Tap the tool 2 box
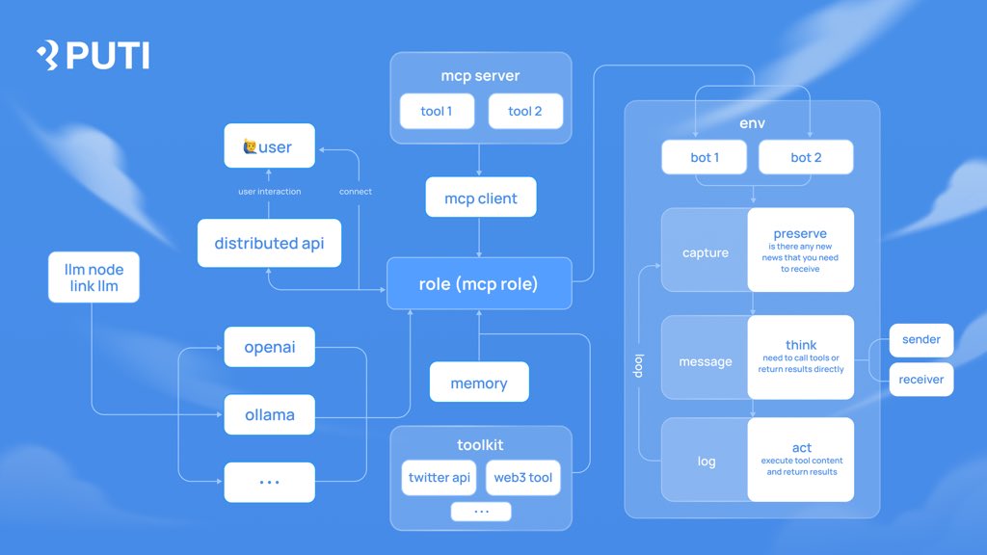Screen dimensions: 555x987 [524, 111]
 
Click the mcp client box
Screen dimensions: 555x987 [480, 198]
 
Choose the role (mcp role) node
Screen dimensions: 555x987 [479, 283]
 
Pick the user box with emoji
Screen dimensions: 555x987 [269, 147]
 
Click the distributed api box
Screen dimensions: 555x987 [269, 243]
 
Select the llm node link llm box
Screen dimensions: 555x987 [94, 277]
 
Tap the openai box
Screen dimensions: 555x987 [269, 347]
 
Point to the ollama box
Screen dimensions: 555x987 [269, 415]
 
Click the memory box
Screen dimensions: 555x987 [479, 383]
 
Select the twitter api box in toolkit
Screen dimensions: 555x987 [440, 477]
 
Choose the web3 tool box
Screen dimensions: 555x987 [523, 477]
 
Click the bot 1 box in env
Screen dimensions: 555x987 [705, 157]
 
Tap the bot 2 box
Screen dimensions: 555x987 [806, 157]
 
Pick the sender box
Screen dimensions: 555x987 [921, 340]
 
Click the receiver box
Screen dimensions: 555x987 [921, 380]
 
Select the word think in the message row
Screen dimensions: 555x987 [801, 344]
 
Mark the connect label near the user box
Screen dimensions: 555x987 [356, 192]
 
